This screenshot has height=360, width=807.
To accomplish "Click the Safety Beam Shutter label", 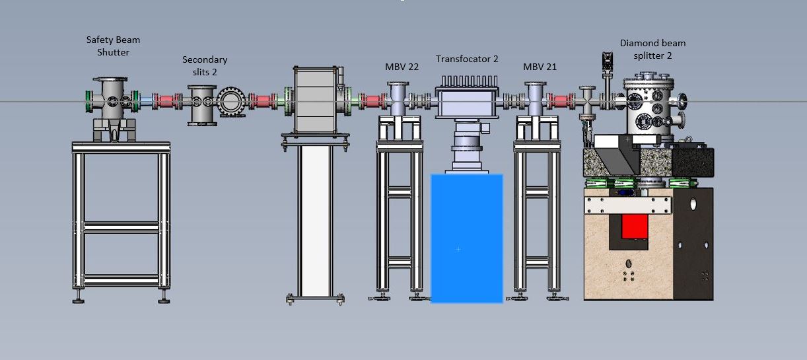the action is point(113,46).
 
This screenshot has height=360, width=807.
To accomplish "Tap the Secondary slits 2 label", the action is point(205,65).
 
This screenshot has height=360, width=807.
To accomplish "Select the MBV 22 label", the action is point(402,67).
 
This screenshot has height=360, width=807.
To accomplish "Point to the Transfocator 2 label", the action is point(467,59).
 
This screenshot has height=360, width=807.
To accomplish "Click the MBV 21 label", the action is point(540,67).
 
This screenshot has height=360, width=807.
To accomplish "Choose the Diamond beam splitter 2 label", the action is point(652,49).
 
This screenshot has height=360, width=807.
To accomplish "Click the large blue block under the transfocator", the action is point(467,238).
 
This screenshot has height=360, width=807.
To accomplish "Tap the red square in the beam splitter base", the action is point(635,227).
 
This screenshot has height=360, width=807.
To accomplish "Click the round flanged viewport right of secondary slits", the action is point(231,101).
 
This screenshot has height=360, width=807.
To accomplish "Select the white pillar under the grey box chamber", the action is point(316,221).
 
